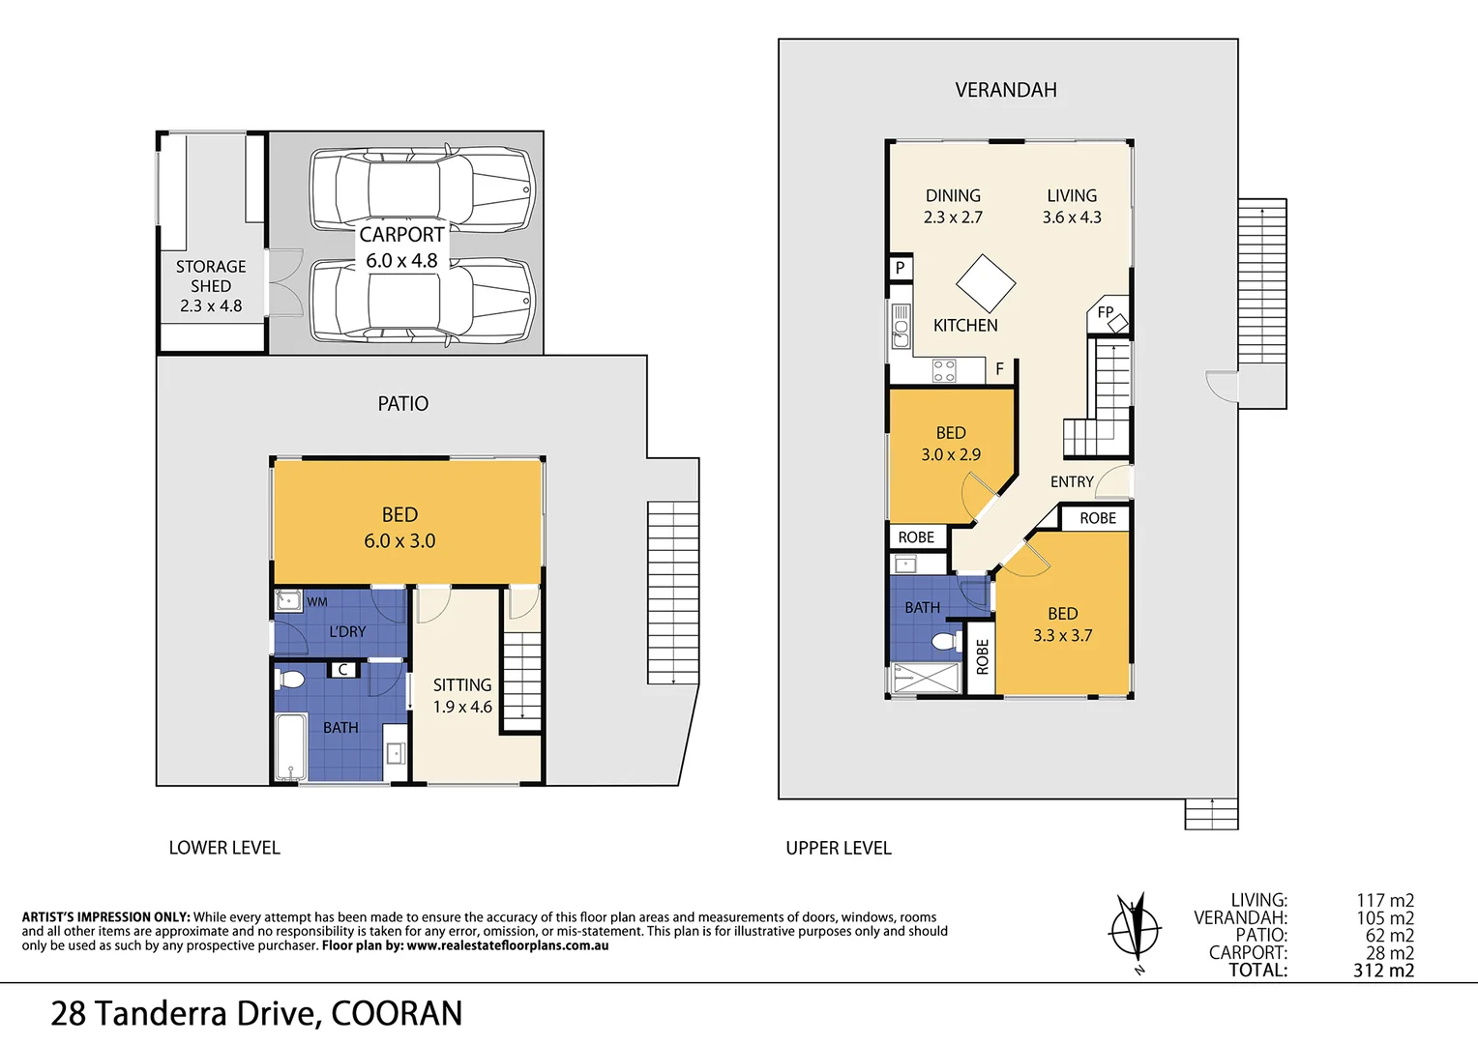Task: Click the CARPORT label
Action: [401, 235]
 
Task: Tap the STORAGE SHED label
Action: [211, 275]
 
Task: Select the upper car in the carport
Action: [422, 188]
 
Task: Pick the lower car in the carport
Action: [422, 302]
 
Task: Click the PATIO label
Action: [402, 404]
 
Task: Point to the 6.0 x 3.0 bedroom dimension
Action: [399, 541]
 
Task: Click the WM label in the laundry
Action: [317, 602]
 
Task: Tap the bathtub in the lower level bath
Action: [290, 746]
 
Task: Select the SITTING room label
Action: [462, 685]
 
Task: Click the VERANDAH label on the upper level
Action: [1006, 90]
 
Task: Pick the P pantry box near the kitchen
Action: [900, 268]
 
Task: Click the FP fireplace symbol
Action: [1109, 315]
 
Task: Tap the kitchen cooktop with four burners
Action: [944, 370]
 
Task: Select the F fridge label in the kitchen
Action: [999, 369]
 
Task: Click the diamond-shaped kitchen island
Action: [986, 283]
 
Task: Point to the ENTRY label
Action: [1072, 481]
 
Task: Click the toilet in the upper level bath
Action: [943, 641]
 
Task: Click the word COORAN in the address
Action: [397, 1014]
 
